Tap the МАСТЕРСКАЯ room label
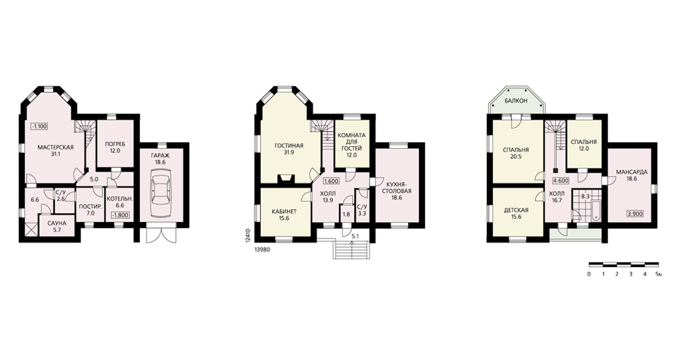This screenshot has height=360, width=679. (56, 147)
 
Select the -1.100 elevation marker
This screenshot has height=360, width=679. (39, 126)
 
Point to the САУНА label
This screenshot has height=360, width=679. (57, 223)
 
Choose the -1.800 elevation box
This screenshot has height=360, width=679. (120, 215)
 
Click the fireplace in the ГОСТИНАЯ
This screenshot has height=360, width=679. (285, 179)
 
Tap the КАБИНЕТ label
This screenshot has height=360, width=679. (284, 211)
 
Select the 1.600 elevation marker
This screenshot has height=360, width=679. (331, 181)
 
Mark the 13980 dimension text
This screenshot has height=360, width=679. (263, 249)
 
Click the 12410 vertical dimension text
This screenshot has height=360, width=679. (248, 238)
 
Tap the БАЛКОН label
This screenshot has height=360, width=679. (516, 101)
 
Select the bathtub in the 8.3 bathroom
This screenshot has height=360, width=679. (596, 211)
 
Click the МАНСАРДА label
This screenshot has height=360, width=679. (631, 172)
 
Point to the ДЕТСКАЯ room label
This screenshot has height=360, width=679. (516, 210)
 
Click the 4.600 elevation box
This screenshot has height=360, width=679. (561, 181)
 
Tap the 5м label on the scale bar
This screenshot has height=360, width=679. (659, 274)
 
